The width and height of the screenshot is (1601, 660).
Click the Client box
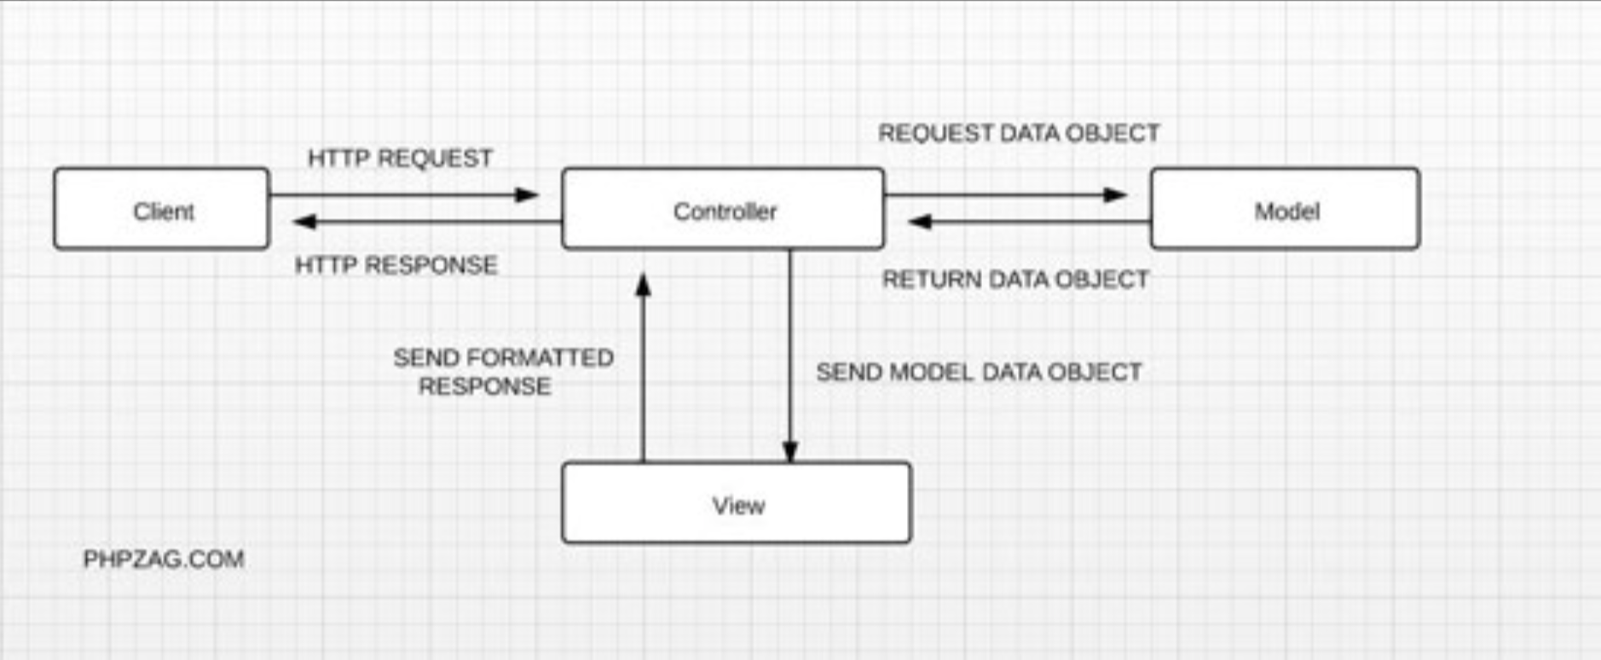[161, 209]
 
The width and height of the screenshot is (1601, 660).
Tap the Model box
[1285, 209]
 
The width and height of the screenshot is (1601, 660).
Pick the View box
[737, 503]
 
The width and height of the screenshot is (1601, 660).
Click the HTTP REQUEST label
[400, 159]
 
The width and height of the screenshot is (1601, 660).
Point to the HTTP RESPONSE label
[396, 265]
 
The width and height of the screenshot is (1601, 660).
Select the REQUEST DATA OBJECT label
[1019, 133]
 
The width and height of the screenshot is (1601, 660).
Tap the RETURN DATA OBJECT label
[1015, 280]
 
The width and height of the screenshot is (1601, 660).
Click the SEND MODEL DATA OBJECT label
[979, 373]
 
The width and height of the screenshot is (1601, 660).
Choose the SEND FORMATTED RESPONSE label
[503, 372]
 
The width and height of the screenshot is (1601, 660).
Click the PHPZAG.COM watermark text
[164, 559]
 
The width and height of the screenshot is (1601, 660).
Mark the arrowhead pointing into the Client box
[304, 223]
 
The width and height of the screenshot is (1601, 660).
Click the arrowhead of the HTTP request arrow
[527, 195]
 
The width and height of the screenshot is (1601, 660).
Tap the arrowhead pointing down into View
[790, 452]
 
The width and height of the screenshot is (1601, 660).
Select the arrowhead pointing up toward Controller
[644, 284]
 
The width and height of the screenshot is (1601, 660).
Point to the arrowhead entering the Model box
[1115, 195]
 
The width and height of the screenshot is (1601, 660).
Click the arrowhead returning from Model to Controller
[920, 223]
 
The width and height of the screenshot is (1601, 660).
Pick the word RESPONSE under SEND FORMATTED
[484, 387]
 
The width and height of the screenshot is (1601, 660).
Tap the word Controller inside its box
[725, 211]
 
